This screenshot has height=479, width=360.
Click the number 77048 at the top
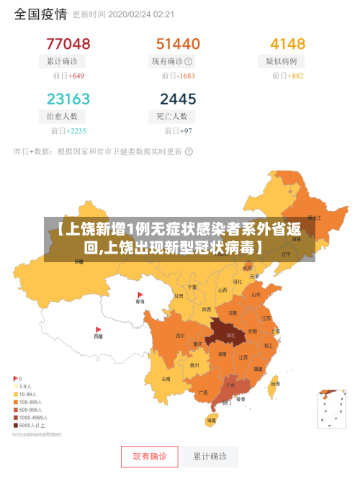(x=68, y=44)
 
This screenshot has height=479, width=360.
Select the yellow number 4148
(x=287, y=44)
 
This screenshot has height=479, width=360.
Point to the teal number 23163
(x=68, y=99)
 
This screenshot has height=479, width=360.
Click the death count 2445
(x=178, y=99)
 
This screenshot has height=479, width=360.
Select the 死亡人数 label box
(x=172, y=116)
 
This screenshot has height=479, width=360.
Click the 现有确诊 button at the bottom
(x=149, y=456)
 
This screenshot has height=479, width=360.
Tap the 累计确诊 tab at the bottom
(x=210, y=456)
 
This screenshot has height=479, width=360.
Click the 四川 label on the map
(x=179, y=336)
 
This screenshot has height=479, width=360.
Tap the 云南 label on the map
(x=166, y=378)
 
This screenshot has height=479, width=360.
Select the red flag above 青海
(x=140, y=295)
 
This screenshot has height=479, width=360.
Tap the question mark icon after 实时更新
(x=189, y=151)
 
